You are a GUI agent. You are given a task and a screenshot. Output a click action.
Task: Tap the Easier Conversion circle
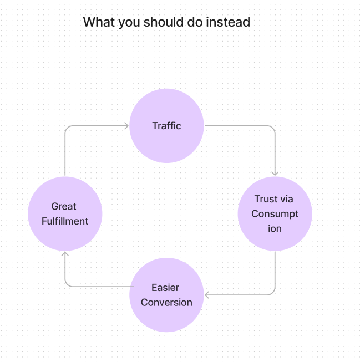pyautogui.click(x=166, y=316)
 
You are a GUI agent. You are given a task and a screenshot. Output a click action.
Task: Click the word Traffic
pyautogui.click(x=166, y=126)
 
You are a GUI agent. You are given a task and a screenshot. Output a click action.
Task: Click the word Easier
pyautogui.click(x=165, y=288)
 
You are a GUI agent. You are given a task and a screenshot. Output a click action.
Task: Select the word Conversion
pyautogui.click(x=166, y=303)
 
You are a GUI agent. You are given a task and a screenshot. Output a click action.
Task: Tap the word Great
pyautogui.click(x=64, y=206)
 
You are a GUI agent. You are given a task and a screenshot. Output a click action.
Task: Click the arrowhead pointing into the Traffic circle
pyautogui.click(x=126, y=126)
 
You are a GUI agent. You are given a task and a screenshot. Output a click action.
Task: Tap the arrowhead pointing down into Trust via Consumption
pyautogui.click(x=275, y=174)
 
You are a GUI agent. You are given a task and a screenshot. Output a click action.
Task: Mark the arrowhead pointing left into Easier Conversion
pyautogui.click(x=207, y=294)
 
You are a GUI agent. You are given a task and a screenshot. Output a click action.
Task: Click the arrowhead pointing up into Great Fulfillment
pyautogui.click(x=65, y=254)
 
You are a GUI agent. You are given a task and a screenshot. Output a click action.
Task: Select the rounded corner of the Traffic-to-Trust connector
pyautogui.click(x=272, y=128)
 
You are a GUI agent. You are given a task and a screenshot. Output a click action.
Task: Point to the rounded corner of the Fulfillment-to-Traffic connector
pyautogui.click(x=67, y=128)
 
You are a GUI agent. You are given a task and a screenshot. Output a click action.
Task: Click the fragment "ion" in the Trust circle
pyautogui.click(x=275, y=229)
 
